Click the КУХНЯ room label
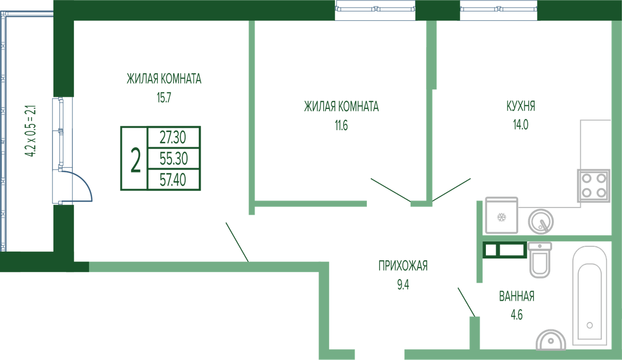pos(520,106)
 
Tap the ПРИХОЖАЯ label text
pos(403,266)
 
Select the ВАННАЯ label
pos(517,296)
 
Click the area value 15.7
pos(164,98)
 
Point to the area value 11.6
pos(341,125)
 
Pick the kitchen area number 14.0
pos(520,125)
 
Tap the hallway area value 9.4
pos(403,285)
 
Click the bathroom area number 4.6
pos(517,315)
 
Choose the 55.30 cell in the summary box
pos(173,158)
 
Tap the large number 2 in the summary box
pos(136,161)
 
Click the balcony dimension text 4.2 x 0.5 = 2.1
pos(30,131)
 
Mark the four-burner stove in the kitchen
pos(594,186)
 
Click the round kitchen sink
pos(541,222)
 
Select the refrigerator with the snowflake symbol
pos(501,215)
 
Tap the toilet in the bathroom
pos(539,260)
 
